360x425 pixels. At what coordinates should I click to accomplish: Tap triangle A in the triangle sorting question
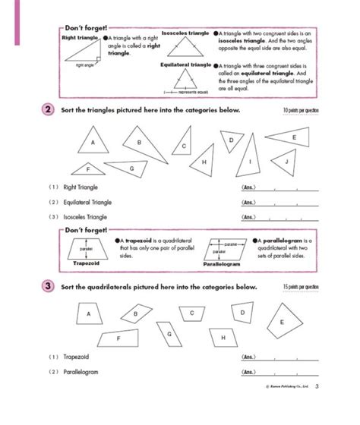(93, 143)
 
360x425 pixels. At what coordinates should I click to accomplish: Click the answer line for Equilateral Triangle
(278, 203)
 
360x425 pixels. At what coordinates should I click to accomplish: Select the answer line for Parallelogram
(278, 372)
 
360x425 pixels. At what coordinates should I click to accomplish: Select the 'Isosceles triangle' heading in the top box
(187, 34)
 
